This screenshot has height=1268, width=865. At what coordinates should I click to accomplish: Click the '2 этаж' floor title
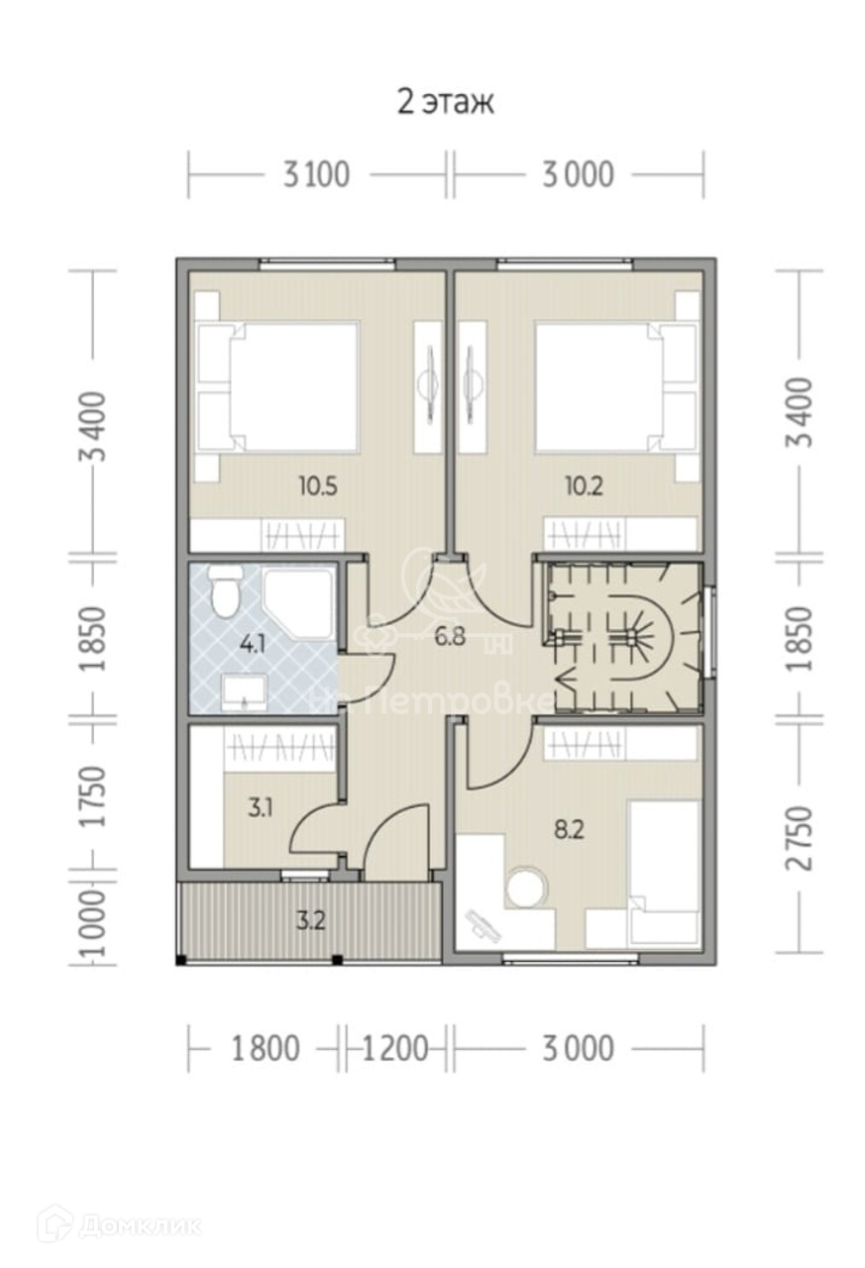coord(446,102)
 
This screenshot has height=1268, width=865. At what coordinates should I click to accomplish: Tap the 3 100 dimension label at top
coord(316,175)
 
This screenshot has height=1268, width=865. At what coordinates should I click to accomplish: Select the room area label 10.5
coord(318,486)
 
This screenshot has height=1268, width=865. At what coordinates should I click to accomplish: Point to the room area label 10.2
coord(585,486)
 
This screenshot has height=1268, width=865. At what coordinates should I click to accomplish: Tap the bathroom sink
coord(245,691)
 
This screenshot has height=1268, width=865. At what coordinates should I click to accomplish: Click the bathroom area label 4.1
coord(253,645)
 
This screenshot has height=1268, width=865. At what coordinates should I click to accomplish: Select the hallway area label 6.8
coord(450,636)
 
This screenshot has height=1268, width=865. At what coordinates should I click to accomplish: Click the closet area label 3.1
coord(261,807)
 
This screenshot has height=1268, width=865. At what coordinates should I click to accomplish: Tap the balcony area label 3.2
coord(311,921)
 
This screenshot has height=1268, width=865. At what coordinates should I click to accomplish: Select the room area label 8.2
coord(569,830)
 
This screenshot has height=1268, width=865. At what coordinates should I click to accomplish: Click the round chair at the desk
coord(527,887)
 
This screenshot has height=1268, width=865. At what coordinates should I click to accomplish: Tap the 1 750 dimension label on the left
coord(93,796)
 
